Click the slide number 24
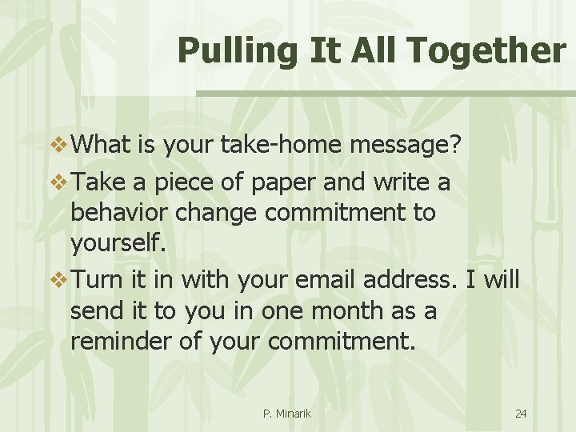(521, 414)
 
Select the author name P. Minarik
(286, 414)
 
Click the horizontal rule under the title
(385, 94)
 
